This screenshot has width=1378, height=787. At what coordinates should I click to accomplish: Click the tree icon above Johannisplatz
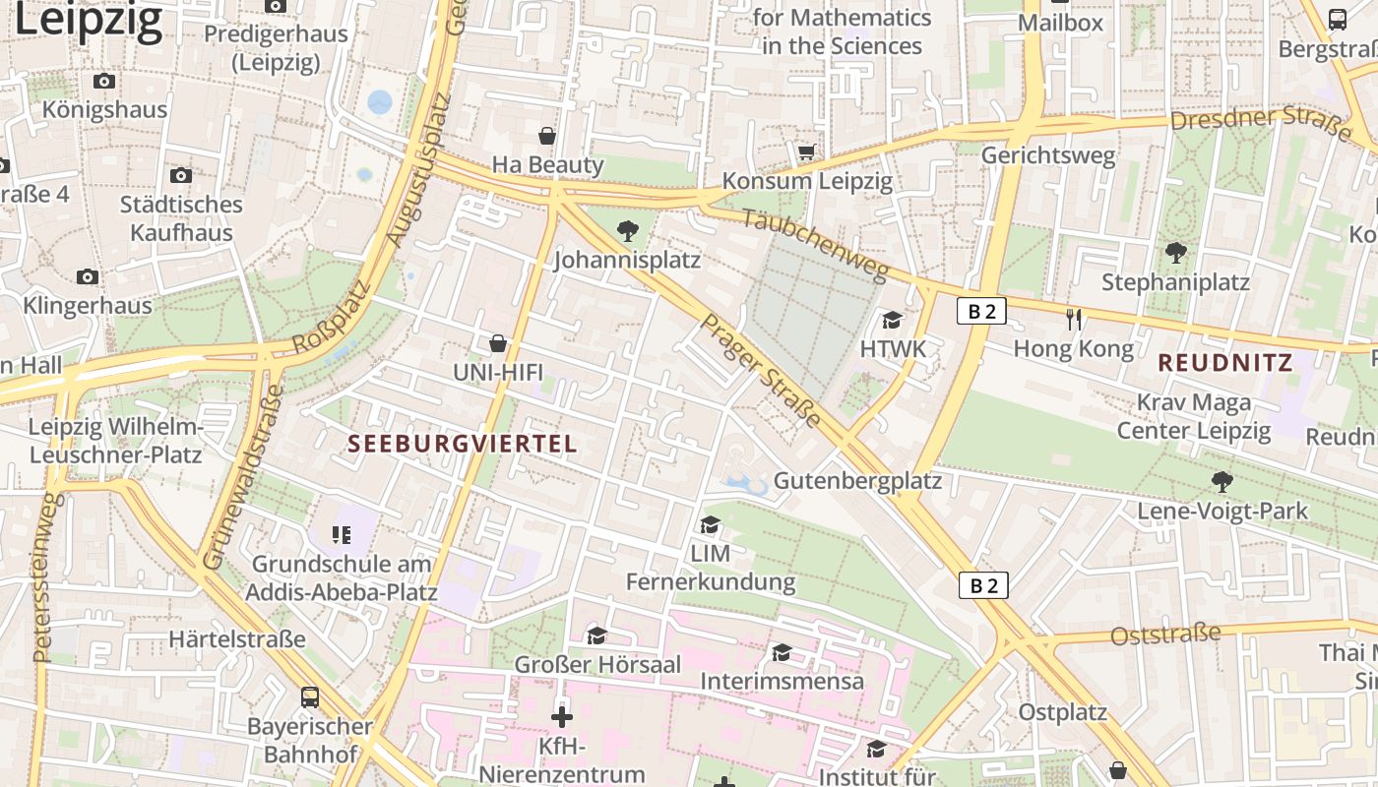[x=626, y=232]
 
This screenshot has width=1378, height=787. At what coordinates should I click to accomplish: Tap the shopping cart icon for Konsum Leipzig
[x=807, y=151]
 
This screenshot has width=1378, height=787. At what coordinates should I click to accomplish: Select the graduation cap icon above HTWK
[x=893, y=320]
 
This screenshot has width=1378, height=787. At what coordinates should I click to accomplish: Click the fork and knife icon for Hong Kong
[x=1074, y=319]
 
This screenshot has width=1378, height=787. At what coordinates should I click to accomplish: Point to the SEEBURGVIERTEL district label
[x=463, y=444]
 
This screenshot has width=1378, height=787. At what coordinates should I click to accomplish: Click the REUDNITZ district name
[x=1225, y=363]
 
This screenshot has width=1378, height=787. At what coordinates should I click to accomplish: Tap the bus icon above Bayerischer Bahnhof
[x=310, y=697]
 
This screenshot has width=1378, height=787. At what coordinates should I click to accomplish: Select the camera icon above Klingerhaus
[x=88, y=276]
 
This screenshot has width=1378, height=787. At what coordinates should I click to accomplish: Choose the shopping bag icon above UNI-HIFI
[x=498, y=343]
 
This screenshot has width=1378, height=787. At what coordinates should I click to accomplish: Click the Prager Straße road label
[x=761, y=370]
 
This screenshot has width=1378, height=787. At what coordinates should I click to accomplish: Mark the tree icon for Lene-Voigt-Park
[x=1222, y=481]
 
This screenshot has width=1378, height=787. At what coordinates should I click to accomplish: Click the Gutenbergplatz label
[x=857, y=481]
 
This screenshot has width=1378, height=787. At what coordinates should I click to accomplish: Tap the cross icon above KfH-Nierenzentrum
[x=562, y=717]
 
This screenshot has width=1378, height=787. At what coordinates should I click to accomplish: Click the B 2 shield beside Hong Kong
[x=981, y=312]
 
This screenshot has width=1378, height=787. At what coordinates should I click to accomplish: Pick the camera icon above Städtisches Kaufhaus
[x=181, y=175]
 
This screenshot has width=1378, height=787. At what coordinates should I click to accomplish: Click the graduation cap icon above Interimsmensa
[x=782, y=652]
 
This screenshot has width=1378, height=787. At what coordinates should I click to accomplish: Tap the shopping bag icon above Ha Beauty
[x=547, y=135]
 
